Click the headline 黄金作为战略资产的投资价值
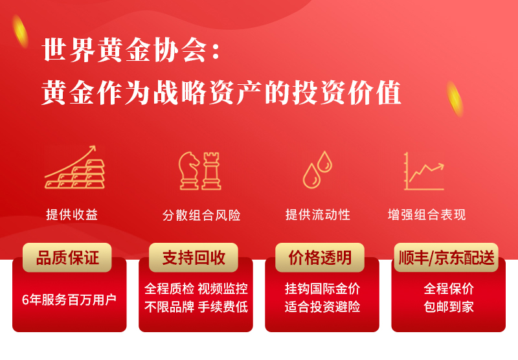tap(221, 93)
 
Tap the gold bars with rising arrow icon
tap(75, 167)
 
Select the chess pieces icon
tap(200, 171)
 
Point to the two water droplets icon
tap(317, 170)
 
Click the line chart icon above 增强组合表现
tap(424, 171)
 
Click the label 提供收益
tap(72, 215)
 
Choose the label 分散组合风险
tap(201, 216)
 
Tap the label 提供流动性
tap(318, 215)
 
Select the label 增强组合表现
tap(427, 215)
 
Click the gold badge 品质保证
tap(67, 258)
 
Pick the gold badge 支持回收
tap(194, 258)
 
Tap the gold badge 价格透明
tap(320, 258)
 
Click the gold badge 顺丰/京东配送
tap(446, 258)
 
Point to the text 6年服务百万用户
tap(69, 300)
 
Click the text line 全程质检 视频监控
tap(196, 289)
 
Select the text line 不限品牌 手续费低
tap(196, 307)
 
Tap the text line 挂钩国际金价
tap(322, 289)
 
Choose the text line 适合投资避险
tap(322, 307)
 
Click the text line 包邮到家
tap(449, 307)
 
